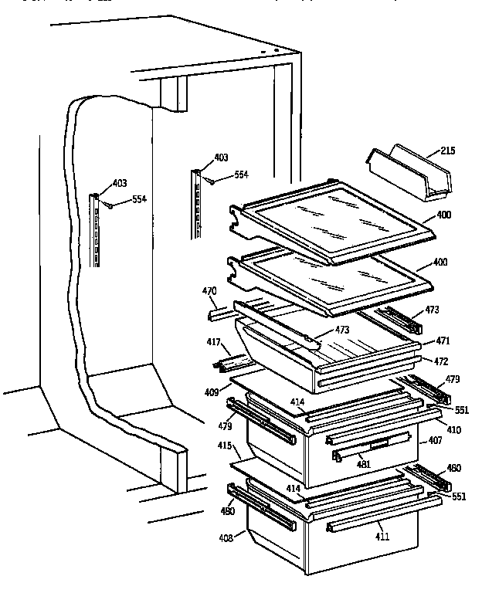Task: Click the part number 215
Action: tap(447, 151)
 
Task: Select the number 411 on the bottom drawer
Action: tap(383, 536)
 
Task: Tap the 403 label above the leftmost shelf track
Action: tap(120, 183)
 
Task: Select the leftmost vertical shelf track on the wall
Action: tap(96, 231)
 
